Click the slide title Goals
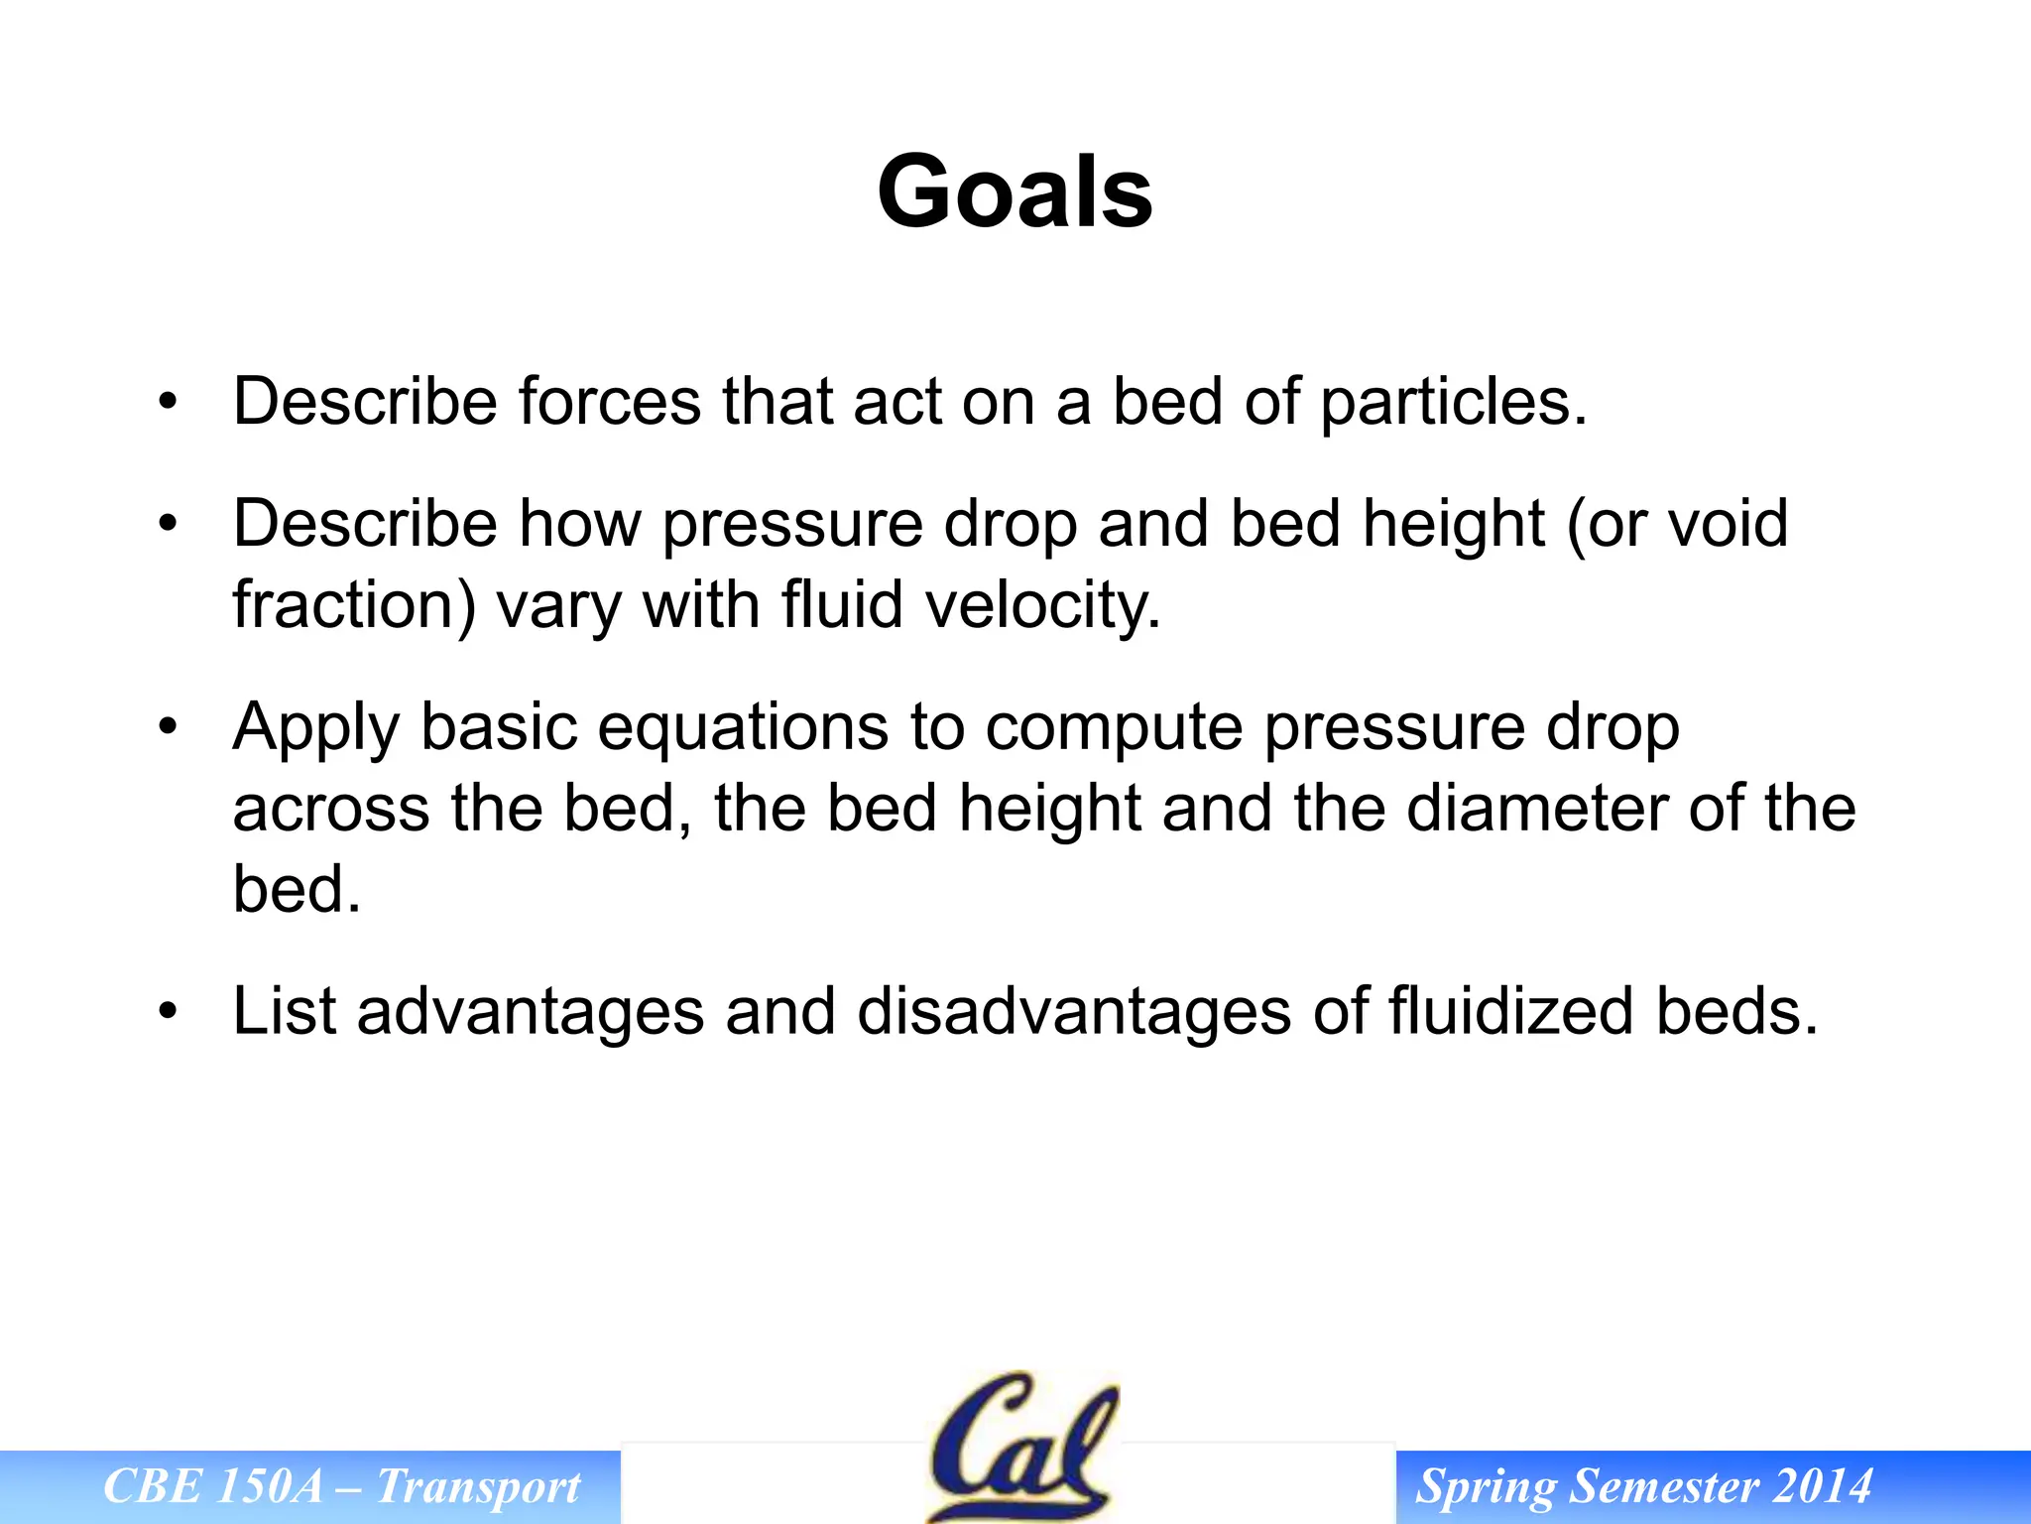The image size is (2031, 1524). (1015, 192)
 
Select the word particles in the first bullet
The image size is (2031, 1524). (1453, 404)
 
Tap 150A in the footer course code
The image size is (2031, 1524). (269, 1486)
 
